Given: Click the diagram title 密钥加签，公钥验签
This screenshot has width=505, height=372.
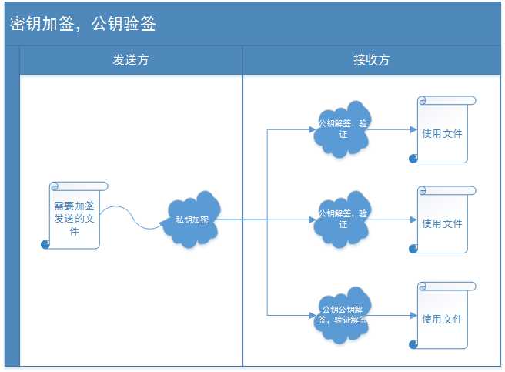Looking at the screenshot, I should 83,24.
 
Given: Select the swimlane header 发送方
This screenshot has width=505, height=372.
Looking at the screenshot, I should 131,60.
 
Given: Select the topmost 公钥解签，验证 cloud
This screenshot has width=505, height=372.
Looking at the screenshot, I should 343,128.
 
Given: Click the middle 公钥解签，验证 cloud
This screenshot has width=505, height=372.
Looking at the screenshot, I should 343,219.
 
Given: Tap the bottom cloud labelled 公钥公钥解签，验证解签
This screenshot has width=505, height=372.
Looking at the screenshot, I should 343,314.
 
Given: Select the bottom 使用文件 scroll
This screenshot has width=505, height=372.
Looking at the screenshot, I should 443,317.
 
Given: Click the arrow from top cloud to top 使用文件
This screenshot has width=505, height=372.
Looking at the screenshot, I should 393,129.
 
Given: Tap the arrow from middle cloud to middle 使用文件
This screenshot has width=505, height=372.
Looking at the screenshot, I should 393,220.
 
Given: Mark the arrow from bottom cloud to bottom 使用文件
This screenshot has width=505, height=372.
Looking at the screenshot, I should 393,315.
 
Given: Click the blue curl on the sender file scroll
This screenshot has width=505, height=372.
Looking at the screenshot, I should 45,244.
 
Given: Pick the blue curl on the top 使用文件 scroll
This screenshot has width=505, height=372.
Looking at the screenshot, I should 413,158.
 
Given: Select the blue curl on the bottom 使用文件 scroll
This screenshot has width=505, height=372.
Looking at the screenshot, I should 413,344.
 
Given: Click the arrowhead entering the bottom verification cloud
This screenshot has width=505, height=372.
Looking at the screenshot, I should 315,314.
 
